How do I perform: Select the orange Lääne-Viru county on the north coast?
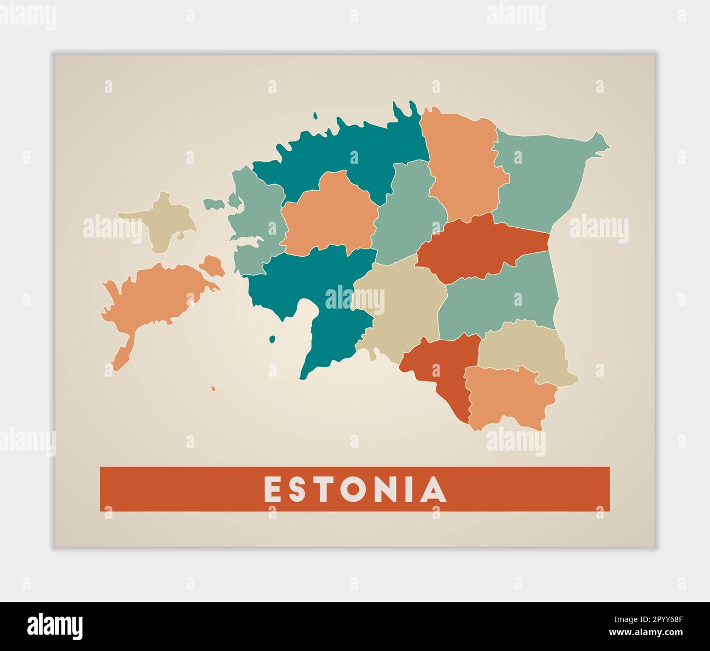(x=464, y=164)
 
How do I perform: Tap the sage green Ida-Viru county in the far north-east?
(x=541, y=175)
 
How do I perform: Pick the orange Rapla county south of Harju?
(x=328, y=213)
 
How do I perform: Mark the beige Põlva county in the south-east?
(x=524, y=350)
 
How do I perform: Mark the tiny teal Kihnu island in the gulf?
(x=272, y=340)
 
